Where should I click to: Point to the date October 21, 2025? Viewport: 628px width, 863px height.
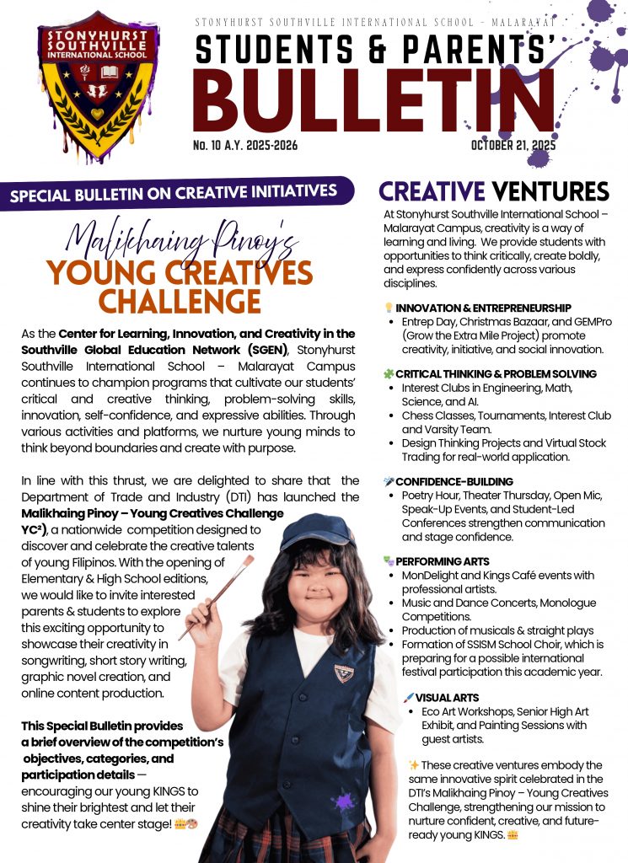pyautogui.click(x=513, y=146)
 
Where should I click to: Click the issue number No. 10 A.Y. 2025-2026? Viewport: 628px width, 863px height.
pyautogui.click(x=244, y=146)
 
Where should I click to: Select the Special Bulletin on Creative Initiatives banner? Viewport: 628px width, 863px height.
pyautogui.click(x=173, y=193)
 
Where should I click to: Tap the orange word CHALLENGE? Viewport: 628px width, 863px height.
pyautogui.click(x=180, y=301)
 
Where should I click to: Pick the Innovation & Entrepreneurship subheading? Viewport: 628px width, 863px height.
pyautogui.click(x=483, y=308)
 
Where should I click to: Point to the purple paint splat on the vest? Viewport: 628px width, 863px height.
pyautogui.click(x=344, y=800)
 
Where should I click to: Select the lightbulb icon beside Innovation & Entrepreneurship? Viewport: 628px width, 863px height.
pyautogui.click(x=389, y=308)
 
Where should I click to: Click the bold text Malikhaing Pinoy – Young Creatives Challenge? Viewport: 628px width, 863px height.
pyautogui.click(x=152, y=513)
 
